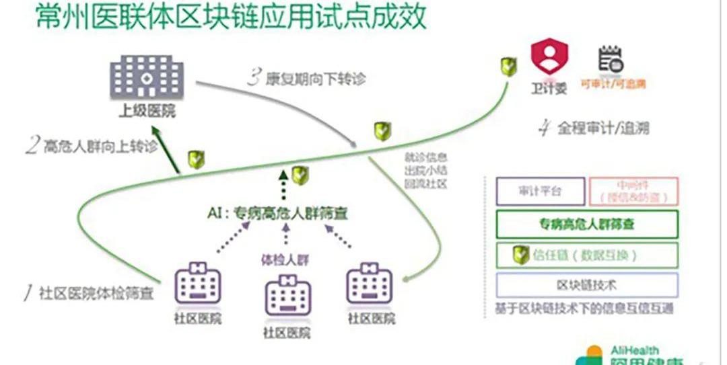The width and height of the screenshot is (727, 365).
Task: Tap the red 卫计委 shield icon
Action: point(549,56)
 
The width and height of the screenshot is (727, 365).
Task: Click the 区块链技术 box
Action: point(586,285)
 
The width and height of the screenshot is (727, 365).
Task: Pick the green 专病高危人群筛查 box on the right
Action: point(586,224)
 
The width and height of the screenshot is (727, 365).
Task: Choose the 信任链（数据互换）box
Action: point(586,255)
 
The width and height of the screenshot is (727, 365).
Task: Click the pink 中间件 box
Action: point(633,191)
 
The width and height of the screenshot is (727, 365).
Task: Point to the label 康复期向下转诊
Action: point(306,78)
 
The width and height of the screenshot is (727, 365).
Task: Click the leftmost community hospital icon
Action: point(198,286)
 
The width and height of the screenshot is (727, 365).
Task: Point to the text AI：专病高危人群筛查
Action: point(281,214)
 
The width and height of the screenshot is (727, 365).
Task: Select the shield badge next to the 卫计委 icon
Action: point(508,67)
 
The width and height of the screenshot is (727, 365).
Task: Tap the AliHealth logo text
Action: point(634,350)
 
